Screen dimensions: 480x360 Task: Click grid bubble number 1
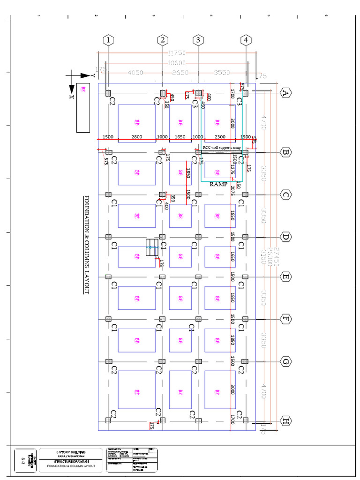coord(109,40)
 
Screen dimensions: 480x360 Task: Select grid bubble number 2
coord(163,40)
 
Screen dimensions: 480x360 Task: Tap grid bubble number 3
coord(198,40)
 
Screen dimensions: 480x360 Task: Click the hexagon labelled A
coord(285,93)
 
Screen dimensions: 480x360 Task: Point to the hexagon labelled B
coord(285,152)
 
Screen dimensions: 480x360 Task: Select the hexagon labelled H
coord(285,421)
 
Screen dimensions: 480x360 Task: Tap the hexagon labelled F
coord(285,319)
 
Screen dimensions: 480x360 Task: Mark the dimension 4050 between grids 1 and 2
coord(135,73)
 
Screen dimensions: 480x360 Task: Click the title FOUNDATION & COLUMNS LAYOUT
coord(86,244)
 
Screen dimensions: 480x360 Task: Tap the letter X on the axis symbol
coord(72,97)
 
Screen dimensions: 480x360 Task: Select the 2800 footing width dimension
coord(136,136)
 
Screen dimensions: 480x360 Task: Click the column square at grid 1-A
coord(109,93)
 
